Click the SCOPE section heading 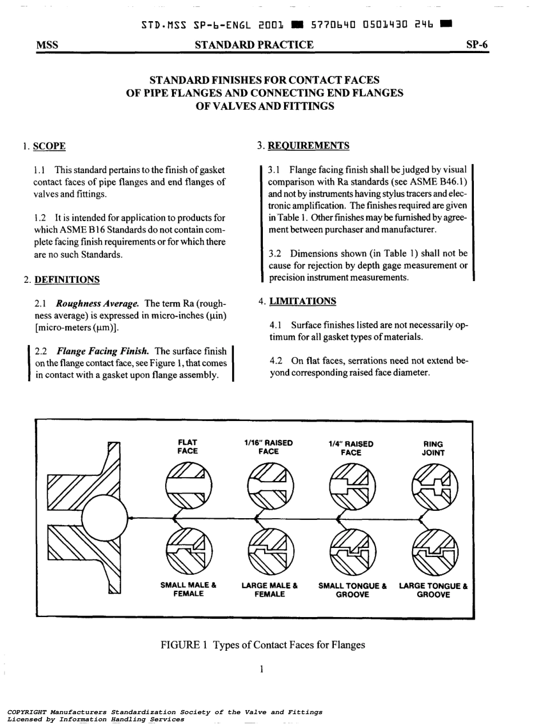[49, 146]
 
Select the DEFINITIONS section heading [67, 279]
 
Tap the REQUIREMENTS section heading [309, 146]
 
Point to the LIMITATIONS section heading [302, 301]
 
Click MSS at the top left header [47, 45]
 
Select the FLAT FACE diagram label [187, 447]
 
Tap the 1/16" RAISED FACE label [268, 447]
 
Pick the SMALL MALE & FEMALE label [188, 590]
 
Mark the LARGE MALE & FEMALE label [269, 590]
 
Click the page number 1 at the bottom [261, 668]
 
